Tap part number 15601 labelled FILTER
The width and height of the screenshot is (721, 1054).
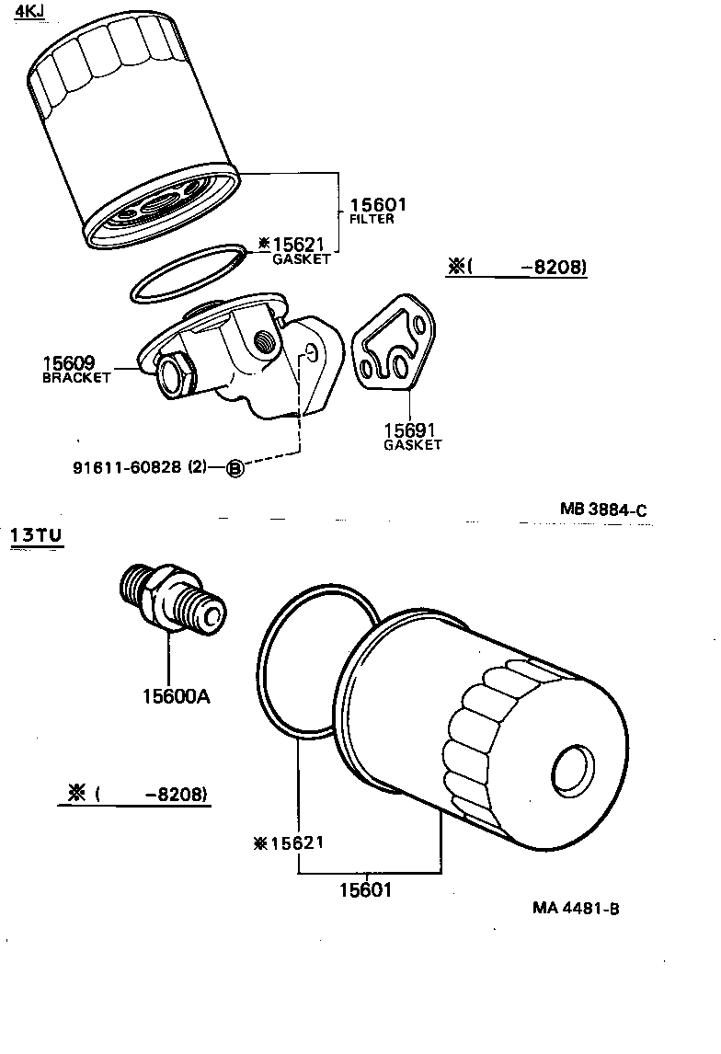coord(377,205)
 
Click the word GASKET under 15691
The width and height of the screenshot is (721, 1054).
coord(412,445)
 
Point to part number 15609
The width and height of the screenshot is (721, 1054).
coord(67,363)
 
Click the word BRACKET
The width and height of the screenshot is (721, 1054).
coord(76,378)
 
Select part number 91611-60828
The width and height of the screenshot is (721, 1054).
coord(127,467)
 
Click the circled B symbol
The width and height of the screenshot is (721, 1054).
coord(235,468)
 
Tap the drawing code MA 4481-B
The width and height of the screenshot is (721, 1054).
coord(576,908)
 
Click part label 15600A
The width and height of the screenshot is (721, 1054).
coord(175,696)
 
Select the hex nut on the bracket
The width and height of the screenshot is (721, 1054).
coord(174,376)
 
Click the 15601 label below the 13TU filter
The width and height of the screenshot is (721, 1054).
coord(365,890)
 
